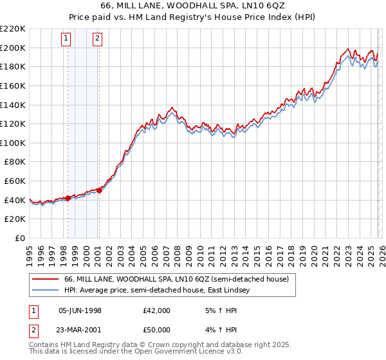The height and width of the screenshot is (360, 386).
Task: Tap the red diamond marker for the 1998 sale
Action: coord(68,198)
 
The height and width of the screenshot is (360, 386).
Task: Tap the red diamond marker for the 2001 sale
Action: coord(99,190)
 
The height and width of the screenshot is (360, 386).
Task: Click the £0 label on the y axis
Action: coord(20,238)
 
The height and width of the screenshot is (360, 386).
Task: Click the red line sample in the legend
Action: coord(45,279)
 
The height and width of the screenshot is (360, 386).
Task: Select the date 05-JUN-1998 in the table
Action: coord(80,310)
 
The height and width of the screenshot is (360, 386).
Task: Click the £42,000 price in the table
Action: coord(157,310)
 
